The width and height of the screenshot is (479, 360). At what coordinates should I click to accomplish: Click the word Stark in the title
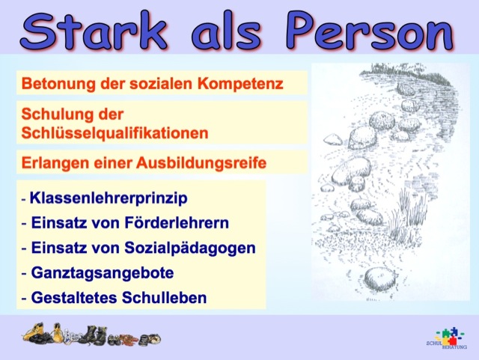pyautogui.click(x=94, y=31)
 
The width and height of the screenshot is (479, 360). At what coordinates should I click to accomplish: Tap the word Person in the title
pyautogui.click(x=370, y=31)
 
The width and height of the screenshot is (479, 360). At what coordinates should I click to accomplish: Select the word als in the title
pyautogui.click(x=226, y=31)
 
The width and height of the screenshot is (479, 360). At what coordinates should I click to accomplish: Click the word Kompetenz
pyautogui.click(x=240, y=83)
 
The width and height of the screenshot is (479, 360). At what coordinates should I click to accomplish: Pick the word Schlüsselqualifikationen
pyautogui.click(x=115, y=133)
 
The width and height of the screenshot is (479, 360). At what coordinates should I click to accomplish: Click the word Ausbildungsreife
pyautogui.click(x=201, y=163)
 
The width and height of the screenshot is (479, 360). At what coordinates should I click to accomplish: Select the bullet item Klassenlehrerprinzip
pyautogui.click(x=109, y=198)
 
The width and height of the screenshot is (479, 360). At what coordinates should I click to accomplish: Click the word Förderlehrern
pyautogui.click(x=177, y=222)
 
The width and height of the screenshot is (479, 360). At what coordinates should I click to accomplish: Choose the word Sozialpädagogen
pyautogui.click(x=189, y=248)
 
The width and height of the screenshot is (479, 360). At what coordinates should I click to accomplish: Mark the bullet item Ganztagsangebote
pyautogui.click(x=103, y=272)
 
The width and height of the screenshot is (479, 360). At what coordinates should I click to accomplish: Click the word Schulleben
pyautogui.click(x=165, y=298)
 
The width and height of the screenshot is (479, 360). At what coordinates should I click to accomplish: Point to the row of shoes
pyautogui.click(x=91, y=335)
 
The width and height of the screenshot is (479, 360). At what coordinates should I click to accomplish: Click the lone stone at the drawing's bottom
pyautogui.click(x=379, y=278)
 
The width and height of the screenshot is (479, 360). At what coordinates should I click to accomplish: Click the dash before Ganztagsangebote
pyautogui.click(x=25, y=273)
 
